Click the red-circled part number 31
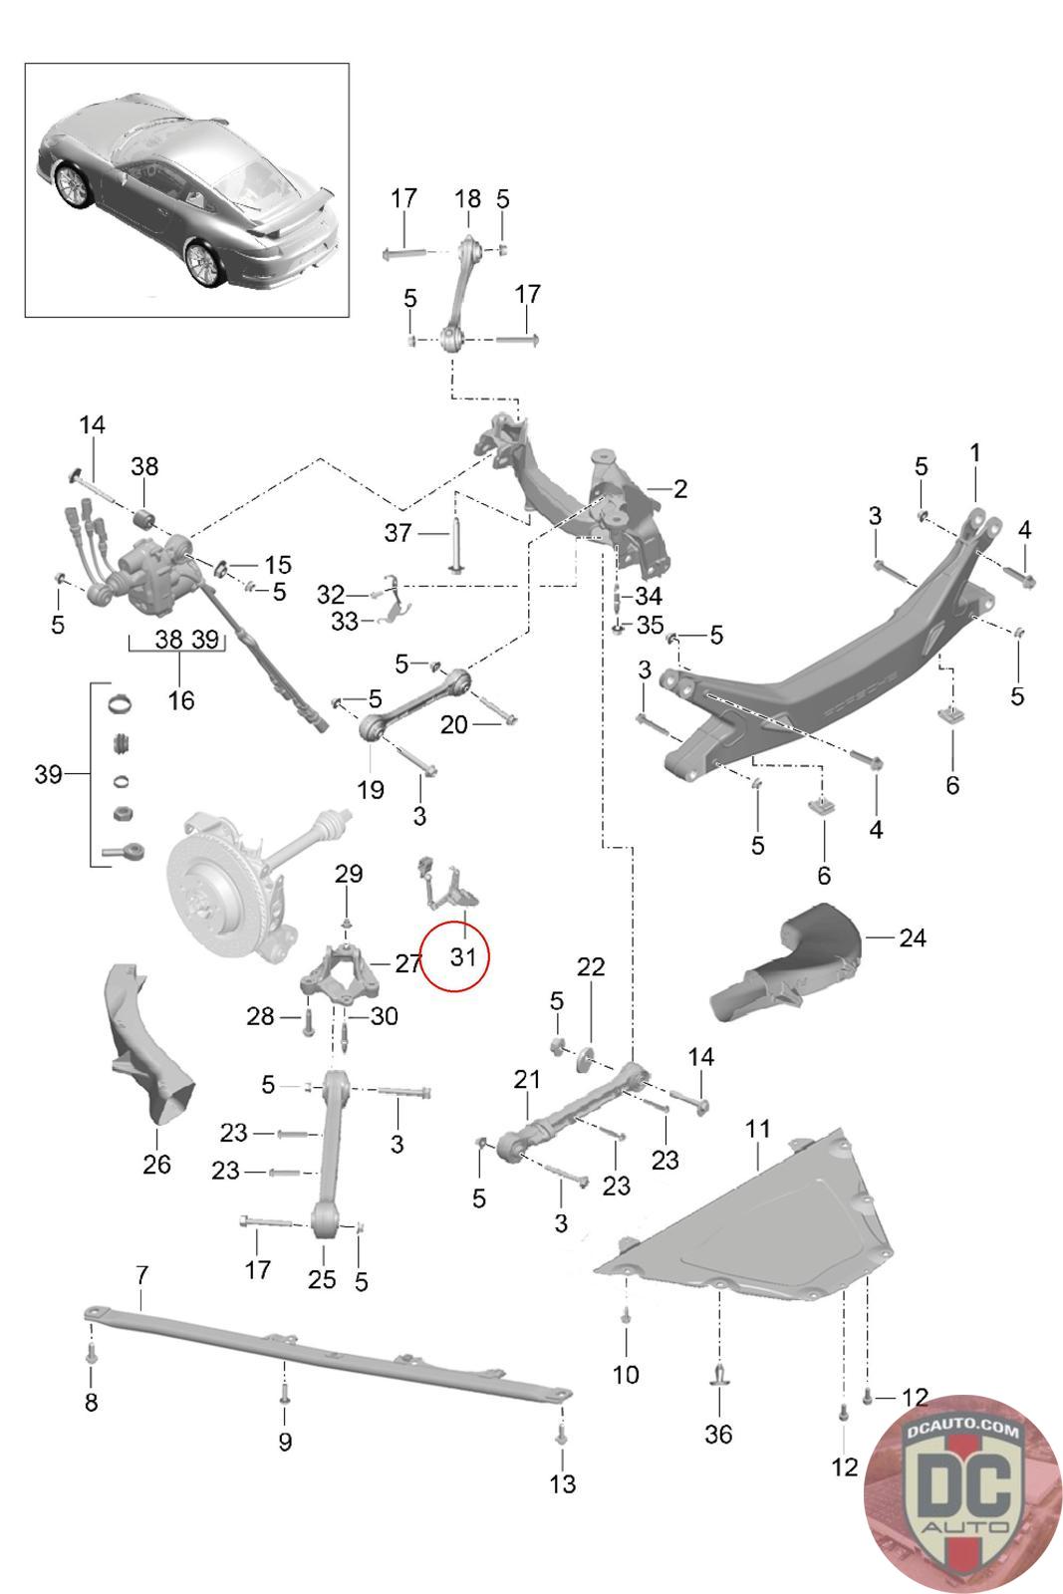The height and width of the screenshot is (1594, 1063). pos(462,957)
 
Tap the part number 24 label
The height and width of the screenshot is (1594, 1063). pos(913,937)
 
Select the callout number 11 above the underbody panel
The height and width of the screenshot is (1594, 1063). pos(758,1129)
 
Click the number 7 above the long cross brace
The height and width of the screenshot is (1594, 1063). pos(142,1275)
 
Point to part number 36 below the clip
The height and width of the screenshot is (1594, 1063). pos(718,1434)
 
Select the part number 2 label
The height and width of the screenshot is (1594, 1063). pos(680,489)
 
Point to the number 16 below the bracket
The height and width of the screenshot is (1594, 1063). pos(180,700)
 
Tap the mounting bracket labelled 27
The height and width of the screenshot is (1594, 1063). pos(340,972)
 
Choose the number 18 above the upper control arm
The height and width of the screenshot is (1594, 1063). pos(467,198)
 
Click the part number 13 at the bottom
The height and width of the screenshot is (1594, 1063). pos(562,1483)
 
